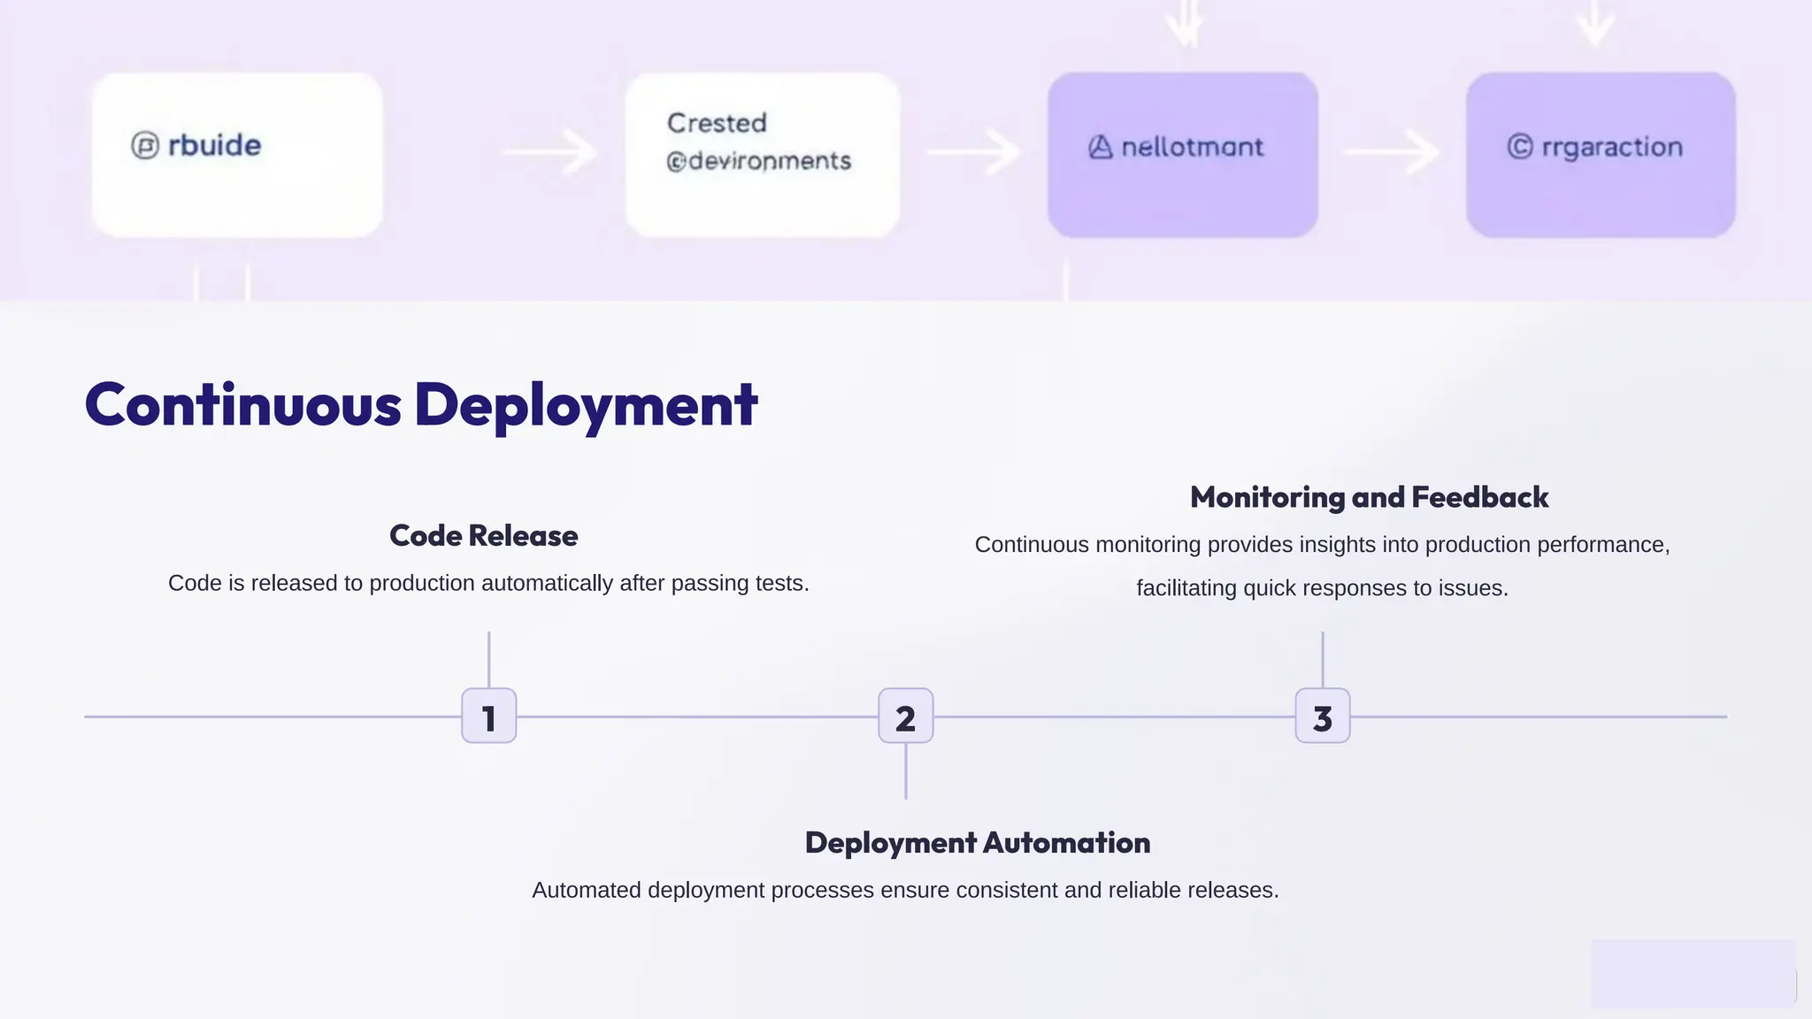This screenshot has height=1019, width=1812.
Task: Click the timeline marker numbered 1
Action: click(x=488, y=716)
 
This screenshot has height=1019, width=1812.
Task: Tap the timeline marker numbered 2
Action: click(x=905, y=716)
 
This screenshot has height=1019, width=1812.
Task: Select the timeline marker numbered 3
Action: click(x=1322, y=716)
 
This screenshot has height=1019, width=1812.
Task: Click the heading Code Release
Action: click(x=483, y=536)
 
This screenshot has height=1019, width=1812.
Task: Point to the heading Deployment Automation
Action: click(x=977, y=843)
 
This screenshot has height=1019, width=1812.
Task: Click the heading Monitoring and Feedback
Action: click(x=1369, y=497)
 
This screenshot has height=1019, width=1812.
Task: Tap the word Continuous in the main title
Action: click(x=243, y=405)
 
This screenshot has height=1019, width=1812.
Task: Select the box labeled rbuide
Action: click(x=237, y=155)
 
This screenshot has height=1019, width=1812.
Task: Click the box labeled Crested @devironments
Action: click(x=762, y=155)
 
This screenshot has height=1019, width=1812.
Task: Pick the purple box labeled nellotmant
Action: click(x=1182, y=155)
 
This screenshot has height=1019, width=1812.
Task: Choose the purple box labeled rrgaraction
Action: click(x=1600, y=155)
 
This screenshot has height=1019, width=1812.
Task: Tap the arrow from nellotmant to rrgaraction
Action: click(x=1392, y=152)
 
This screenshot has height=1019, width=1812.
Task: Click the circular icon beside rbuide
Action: click(x=145, y=145)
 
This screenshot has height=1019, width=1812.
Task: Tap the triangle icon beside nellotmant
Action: click(x=1100, y=147)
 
